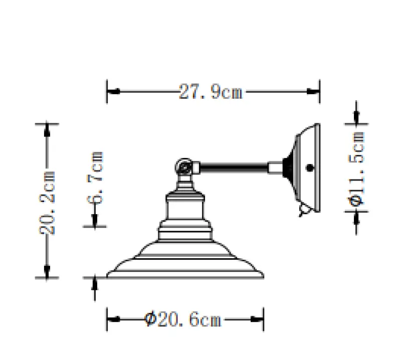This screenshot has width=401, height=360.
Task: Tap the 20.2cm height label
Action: click(x=47, y=202)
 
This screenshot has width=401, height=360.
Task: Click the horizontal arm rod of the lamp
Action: click(x=234, y=165)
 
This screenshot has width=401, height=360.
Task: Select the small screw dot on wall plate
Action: click(x=309, y=168)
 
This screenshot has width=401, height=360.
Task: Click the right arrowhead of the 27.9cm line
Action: click(x=314, y=92)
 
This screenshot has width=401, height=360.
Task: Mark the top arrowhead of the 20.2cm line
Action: click(x=47, y=129)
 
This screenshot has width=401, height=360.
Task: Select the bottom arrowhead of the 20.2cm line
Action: click(x=47, y=272)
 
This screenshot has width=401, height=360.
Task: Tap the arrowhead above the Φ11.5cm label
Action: click(x=356, y=117)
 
